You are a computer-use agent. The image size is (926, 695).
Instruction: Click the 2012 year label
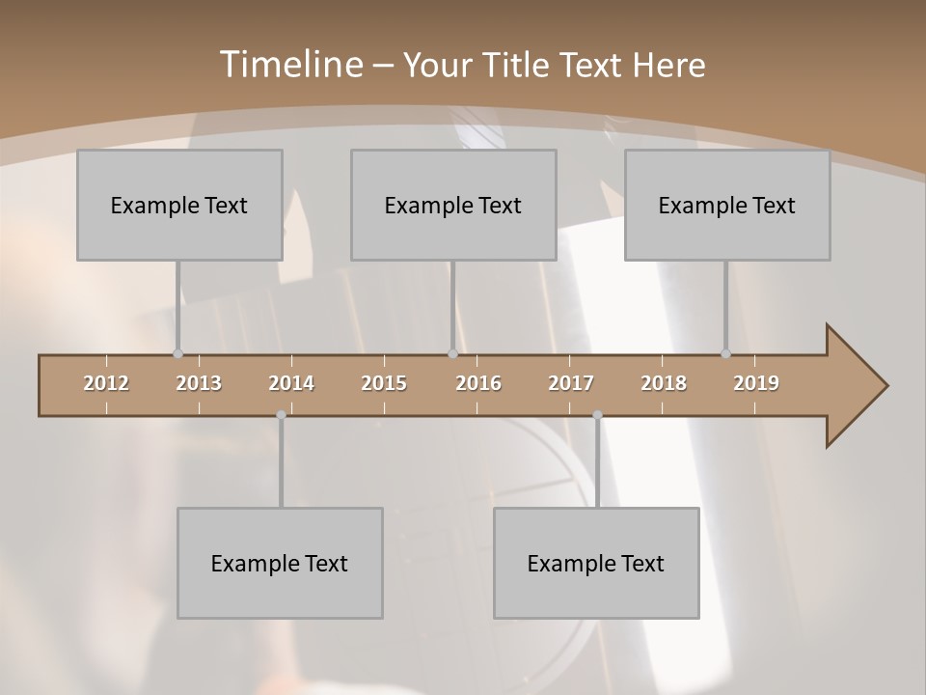click(106, 383)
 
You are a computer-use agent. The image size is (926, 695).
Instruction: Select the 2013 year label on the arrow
click(199, 383)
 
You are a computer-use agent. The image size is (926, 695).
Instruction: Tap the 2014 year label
click(291, 383)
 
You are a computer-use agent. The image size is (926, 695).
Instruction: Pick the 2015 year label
click(384, 383)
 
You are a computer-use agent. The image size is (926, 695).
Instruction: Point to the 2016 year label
click(478, 383)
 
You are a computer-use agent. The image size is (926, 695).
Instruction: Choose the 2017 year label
click(571, 383)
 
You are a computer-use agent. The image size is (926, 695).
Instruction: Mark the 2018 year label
click(664, 383)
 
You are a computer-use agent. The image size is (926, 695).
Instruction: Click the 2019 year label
click(756, 383)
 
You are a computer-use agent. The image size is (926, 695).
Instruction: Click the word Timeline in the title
click(290, 65)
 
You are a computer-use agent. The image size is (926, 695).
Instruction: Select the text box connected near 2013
click(179, 205)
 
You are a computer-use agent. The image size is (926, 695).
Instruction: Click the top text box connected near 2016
click(453, 205)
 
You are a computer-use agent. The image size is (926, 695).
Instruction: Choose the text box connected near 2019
click(727, 205)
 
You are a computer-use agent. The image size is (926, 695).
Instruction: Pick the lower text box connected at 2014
click(280, 563)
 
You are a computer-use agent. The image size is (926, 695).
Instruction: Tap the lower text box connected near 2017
click(596, 563)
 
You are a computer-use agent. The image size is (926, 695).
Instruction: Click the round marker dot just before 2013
click(177, 354)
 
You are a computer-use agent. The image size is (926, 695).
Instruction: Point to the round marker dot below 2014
click(281, 415)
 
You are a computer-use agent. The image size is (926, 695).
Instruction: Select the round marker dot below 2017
click(597, 415)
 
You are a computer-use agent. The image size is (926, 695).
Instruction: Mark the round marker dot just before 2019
click(725, 354)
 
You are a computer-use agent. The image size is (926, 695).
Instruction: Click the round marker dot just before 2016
click(452, 354)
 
